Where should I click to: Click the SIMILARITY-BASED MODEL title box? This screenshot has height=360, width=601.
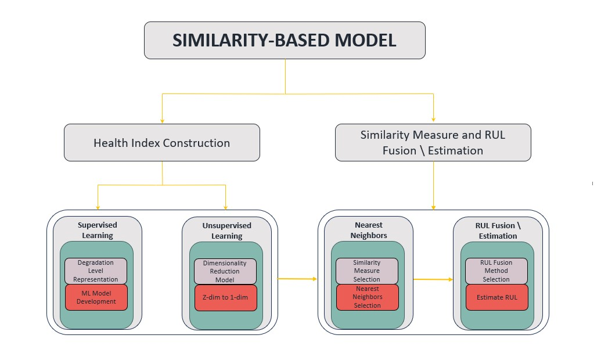pyautogui.click(x=285, y=40)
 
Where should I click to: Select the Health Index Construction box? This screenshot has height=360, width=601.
pyautogui.click(x=161, y=143)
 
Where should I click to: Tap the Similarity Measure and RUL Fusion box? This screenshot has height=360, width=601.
pyautogui.click(x=433, y=143)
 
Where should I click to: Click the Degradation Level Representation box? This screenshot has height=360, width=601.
pyautogui.click(x=96, y=271)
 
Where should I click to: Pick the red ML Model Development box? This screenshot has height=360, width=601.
pyautogui.click(x=96, y=297)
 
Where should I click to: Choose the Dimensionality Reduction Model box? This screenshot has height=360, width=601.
pyautogui.click(x=225, y=271)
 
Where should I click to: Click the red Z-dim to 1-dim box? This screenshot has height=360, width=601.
pyautogui.click(x=225, y=298)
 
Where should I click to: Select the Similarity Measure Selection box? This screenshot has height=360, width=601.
pyautogui.click(x=367, y=271)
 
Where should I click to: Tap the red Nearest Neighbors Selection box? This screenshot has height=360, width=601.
pyautogui.click(x=367, y=297)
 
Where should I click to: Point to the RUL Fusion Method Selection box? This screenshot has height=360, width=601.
pyautogui.click(x=496, y=271)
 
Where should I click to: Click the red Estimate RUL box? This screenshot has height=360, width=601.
pyautogui.click(x=496, y=297)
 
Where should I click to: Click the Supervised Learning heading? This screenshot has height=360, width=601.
pyautogui.click(x=97, y=230)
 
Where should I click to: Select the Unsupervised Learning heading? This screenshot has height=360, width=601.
pyautogui.click(x=226, y=231)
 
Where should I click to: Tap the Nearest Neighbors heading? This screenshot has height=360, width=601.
pyautogui.click(x=368, y=231)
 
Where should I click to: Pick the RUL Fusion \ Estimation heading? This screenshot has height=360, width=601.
pyautogui.click(x=498, y=231)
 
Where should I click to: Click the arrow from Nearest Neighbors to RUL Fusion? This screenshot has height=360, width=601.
pyautogui.click(x=433, y=279)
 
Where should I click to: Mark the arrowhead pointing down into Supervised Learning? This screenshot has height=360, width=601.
pyautogui.click(x=98, y=207)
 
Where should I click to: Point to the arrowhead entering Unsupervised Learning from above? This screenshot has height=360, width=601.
pyautogui.click(x=225, y=207)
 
